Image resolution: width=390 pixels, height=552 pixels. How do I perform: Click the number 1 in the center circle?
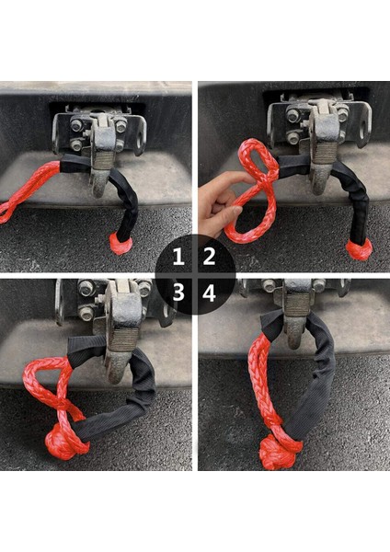[x=178, y=256]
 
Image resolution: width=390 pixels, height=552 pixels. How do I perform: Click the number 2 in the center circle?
[x=209, y=256]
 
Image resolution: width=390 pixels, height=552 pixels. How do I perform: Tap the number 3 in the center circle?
[x=178, y=293]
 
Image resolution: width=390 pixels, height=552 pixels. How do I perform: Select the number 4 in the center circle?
[x=209, y=293]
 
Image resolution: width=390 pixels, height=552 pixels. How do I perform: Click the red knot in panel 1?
[x=120, y=243]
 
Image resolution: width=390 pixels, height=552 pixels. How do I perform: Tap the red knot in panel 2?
[x=359, y=249]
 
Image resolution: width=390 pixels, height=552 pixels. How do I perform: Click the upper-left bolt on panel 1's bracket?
[x=76, y=125]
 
